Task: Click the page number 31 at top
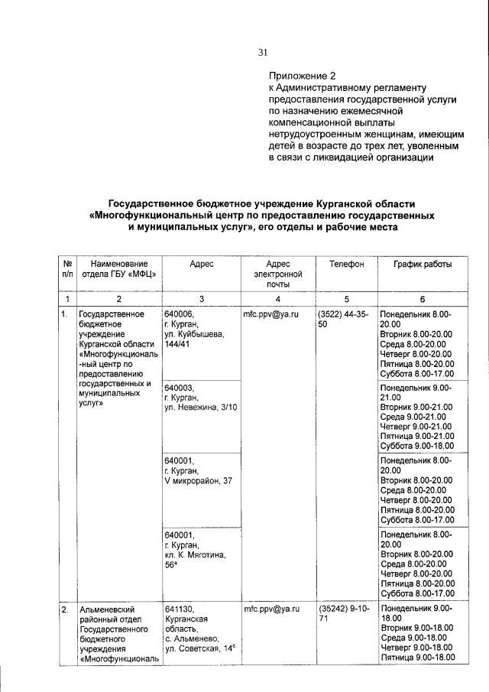(x=263, y=52)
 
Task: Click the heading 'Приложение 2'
(x=301, y=76)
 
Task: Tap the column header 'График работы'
(x=422, y=264)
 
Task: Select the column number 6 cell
(x=422, y=299)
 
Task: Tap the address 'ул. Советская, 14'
(x=199, y=649)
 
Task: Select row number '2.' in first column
(x=66, y=609)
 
